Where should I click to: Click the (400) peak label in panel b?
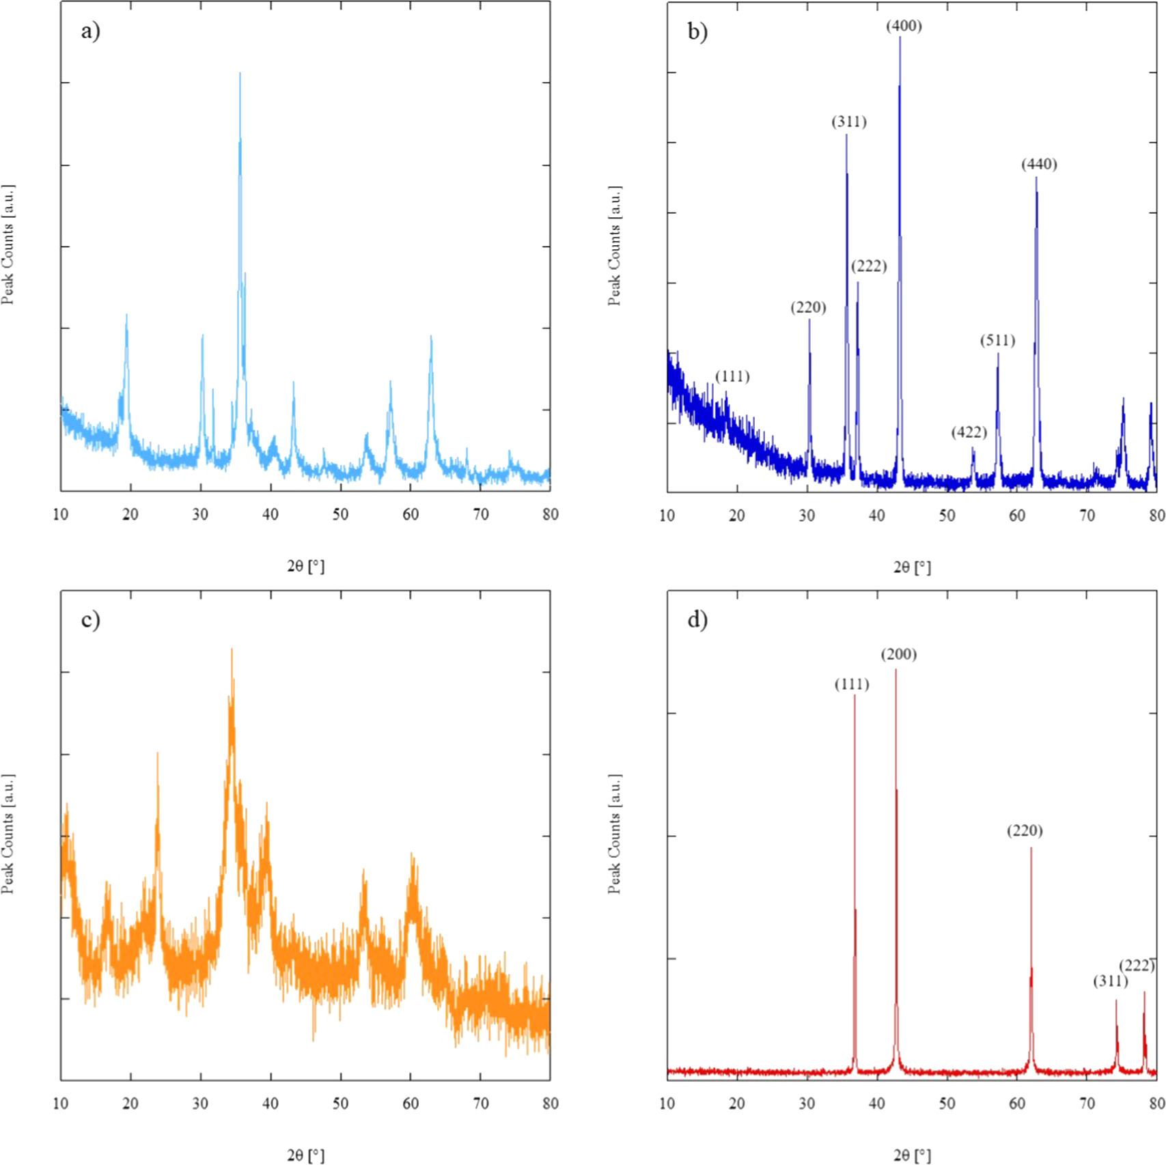tap(904, 27)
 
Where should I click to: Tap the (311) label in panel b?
tap(849, 122)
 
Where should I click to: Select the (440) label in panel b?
tap(1039, 165)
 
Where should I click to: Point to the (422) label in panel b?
tap(969, 432)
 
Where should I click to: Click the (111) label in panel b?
tap(732, 377)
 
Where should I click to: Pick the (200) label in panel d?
tap(898, 655)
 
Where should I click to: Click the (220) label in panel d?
tap(1025, 831)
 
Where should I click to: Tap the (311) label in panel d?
tap(1110, 981)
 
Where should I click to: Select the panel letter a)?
tap(90, 31)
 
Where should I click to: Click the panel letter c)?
tap(90, 620)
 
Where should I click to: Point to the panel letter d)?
tap(697, 620)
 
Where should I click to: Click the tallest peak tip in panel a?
tap(240, 74)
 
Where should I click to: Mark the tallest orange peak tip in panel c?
tap(232, 650)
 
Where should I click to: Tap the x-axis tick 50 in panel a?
tap(340, 514)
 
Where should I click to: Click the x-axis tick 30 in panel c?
tap(200, 1103)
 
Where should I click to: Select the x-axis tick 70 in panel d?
tap(1087, 1103)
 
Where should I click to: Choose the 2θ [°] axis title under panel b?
tap(912, 567)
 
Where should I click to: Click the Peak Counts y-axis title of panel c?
tap(8, 834)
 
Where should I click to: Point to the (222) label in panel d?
tap(1137, 965)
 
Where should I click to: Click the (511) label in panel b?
tap(997, 341)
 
